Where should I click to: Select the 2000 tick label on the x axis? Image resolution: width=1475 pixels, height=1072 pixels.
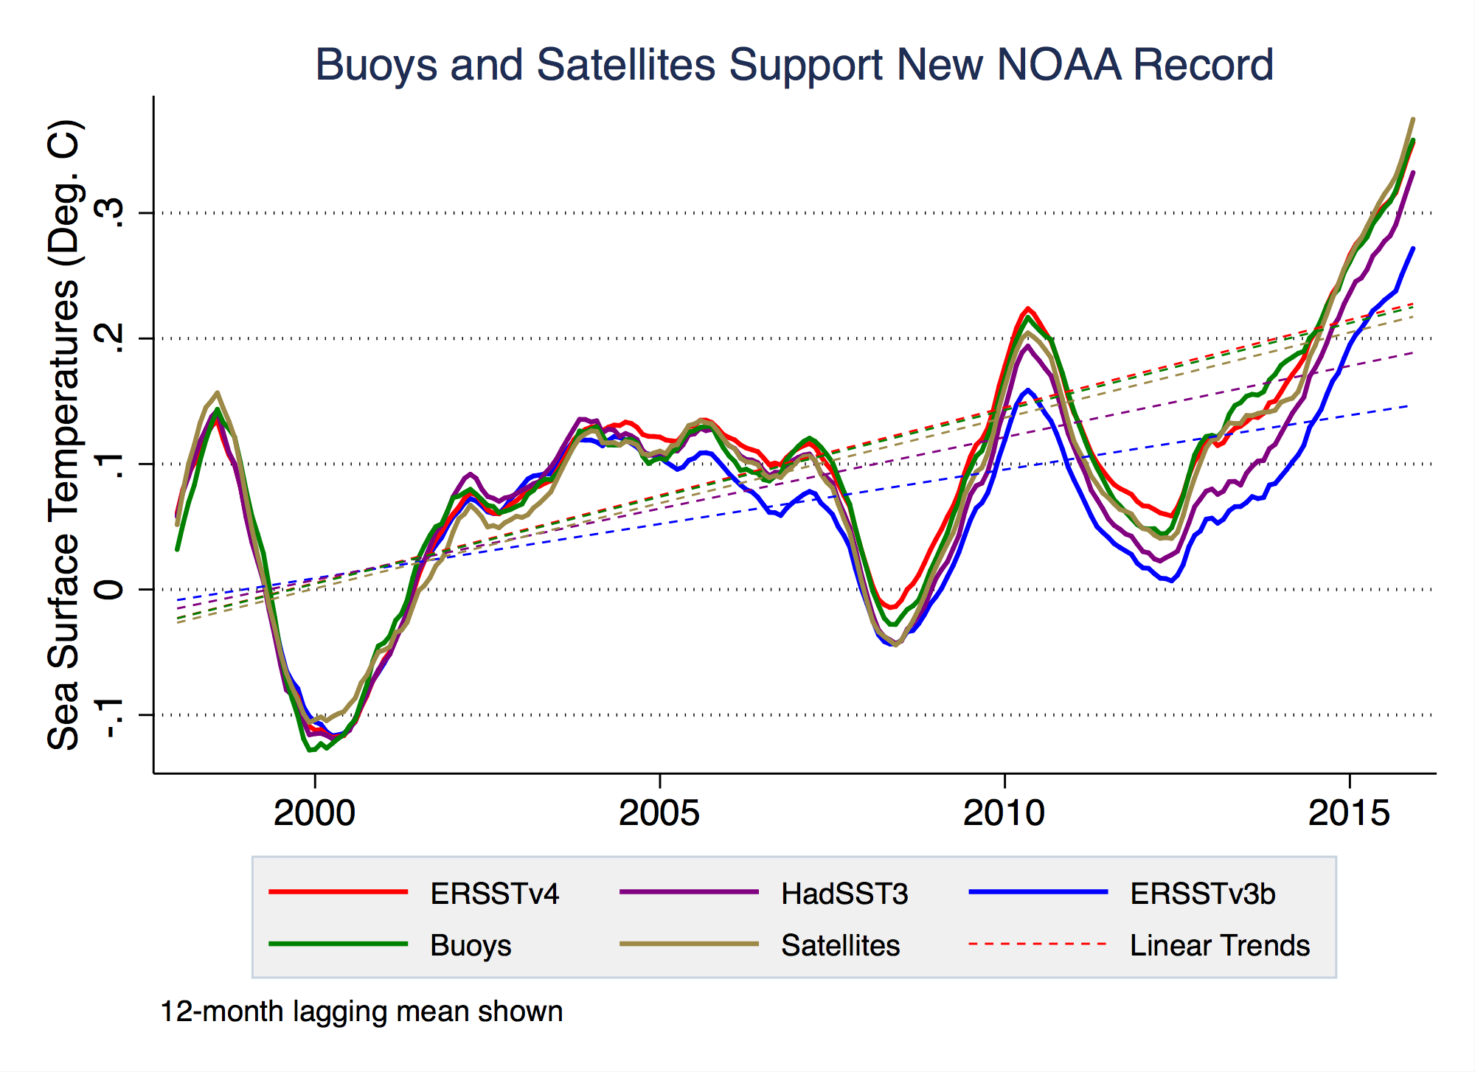point(314,813)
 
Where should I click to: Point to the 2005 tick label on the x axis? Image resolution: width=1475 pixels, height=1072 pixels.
point(659,813)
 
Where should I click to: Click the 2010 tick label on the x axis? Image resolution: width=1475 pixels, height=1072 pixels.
point(1004,813)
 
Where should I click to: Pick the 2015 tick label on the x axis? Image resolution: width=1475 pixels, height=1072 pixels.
point(1349,813)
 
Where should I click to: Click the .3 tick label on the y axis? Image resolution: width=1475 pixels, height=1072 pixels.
point(111,213)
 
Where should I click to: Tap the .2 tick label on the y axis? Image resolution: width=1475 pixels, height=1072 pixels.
point(111,338)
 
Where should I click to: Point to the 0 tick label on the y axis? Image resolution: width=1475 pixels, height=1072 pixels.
point(111,589)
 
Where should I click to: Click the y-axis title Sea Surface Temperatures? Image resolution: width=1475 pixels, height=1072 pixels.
point(65,435)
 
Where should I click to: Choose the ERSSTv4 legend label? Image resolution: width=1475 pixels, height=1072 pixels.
point(494,894)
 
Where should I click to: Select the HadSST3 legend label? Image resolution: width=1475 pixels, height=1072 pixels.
point(844,894)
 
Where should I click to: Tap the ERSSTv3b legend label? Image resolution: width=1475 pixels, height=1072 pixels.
point(1202,894)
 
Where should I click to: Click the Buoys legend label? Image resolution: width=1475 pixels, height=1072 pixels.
point(471,945)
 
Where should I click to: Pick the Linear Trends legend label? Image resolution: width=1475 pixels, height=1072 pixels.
point(1220,945)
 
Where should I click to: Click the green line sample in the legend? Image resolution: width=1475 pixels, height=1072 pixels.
point(338,944)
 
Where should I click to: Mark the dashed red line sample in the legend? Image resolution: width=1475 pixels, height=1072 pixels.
point(1038,944)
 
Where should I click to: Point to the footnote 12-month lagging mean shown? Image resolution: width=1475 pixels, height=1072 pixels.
point(361,1012)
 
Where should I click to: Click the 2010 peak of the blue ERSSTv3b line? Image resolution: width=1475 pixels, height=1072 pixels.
point(1027,390)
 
